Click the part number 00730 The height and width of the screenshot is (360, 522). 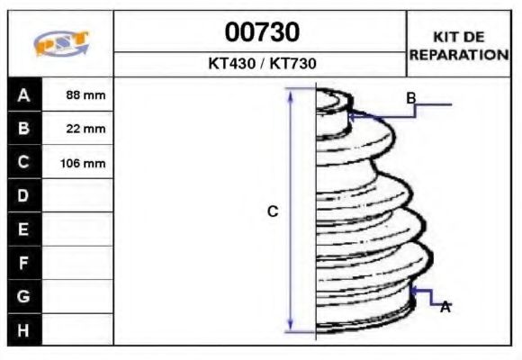click(262, 33)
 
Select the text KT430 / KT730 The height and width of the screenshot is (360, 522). click(262, 65)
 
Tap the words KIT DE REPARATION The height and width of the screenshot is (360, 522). click(459, 46)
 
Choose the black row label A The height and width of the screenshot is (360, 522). click(23, 94)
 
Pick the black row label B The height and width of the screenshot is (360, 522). click(23, 129)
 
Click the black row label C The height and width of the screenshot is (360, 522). click(23, 163)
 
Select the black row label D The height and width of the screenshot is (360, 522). click(23, 195)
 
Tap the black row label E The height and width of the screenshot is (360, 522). click(23, 229)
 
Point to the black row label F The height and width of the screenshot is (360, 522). click(23, 263)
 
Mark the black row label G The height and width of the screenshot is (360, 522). click(23, 296)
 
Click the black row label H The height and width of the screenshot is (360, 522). click(23, 329)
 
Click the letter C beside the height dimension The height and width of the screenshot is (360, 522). click(273, 211)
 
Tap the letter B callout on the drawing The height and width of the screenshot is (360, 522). click(410, 97)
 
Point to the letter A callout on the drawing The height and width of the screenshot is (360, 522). click(445, 307)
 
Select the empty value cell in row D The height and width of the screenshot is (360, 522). click(77, 195)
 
